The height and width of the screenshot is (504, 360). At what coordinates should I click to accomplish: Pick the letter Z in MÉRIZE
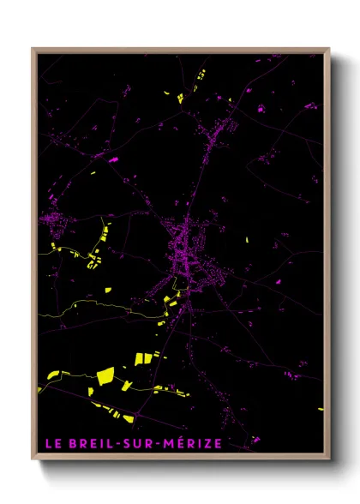pos(206,444)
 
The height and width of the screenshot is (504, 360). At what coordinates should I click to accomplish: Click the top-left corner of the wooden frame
pos(33,48)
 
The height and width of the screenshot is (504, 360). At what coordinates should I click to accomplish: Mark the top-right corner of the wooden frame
pos(330,48)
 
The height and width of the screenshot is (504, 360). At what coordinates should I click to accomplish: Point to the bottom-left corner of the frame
pos(33,460)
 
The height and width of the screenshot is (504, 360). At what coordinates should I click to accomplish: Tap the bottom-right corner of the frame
pos(330,460)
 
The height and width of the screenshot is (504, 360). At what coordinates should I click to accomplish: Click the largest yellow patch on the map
pos(105,375)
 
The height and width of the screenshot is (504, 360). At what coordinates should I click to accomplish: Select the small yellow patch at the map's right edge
pos(322,409)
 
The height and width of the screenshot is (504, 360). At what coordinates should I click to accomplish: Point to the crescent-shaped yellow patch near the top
pos(201,75)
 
